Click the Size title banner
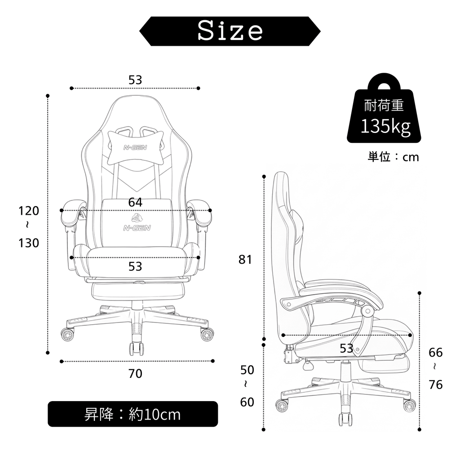coord(230,31)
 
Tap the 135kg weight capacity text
coord(385,126)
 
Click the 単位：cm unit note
coord(393,157)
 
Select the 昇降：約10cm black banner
coord(133,414)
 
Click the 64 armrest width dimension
coord(135,202)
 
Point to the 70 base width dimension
coord(135,373)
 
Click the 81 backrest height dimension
coord(245,260)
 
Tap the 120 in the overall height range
coord(29,211)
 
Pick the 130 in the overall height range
coord(29,243)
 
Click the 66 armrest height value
coord(436,352)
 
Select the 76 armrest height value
coord(436,385)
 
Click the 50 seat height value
coord(247,370)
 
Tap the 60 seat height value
coord(247,402)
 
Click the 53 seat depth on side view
coord(346,348)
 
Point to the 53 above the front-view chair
coord(135,80)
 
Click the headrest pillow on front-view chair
coord(136,147)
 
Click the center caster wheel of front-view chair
coord(137,349)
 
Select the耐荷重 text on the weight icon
coord(384,106)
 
